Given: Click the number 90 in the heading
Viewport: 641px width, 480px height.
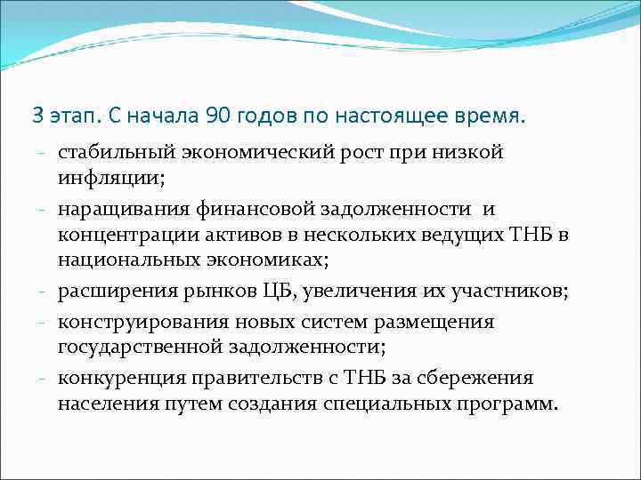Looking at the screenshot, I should tap(218, 116).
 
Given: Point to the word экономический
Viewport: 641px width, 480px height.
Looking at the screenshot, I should tap(248, 153).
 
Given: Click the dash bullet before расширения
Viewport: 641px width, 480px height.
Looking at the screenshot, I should tap(43, 291).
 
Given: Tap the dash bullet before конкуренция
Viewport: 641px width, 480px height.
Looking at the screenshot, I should tap(43, 379).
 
